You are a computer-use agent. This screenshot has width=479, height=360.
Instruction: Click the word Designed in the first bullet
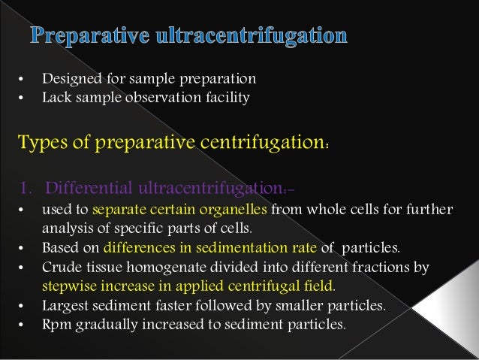click(x=68, y=78)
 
